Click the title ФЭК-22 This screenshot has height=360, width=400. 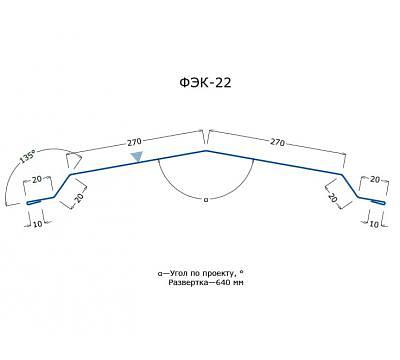click(x=205, y=82)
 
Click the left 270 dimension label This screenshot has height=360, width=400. click(x=134, y=142)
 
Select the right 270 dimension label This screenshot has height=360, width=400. click(x=277, y=142)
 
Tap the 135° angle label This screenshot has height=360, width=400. click(x=27, y=156)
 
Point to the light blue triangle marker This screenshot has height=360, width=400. click(x=137, y=157)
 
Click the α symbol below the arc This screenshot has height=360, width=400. click(x=206, y=200)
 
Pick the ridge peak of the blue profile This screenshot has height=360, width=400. click(x=206, y=151)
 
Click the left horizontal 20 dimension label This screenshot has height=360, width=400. click(x=37, y=179)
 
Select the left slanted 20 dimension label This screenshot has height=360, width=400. click(x=79, y=198)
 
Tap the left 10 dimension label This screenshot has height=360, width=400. click(x=38, y=224)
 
